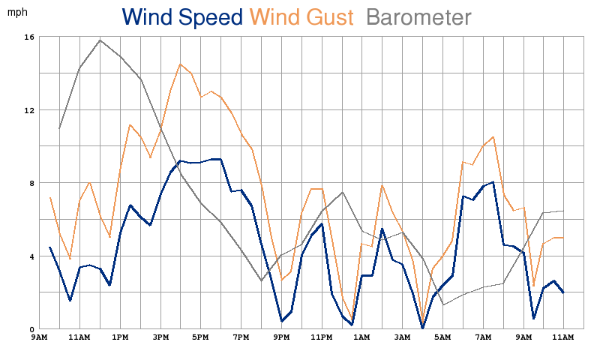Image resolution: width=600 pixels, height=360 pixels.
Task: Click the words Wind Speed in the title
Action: click(182, 17)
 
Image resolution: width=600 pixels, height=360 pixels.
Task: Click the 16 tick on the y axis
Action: click(29, 37)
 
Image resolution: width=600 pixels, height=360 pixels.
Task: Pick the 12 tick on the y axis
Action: click(29, 110)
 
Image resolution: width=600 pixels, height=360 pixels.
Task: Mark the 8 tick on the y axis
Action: click(31, 183)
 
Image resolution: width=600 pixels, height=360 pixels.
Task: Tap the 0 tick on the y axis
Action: click(31, 330)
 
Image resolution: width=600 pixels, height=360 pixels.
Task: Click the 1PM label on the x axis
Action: click(120, 338)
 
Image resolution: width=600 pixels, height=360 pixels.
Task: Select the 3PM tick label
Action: click(160, 338)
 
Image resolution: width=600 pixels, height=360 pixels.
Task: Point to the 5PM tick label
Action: click(200, 338)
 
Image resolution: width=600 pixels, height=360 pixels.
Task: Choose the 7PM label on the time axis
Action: click(241, 338)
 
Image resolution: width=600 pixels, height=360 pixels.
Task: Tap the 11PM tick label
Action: click(321, 338)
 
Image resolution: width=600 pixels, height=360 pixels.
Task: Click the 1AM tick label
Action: click(361, 338)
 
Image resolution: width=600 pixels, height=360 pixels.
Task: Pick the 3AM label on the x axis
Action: click(402, 338)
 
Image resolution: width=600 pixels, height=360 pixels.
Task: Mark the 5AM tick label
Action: click(442, 338)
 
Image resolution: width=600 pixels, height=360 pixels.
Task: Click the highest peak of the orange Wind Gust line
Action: click(181, 64)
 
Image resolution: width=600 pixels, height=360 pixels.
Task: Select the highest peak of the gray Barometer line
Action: click(100, 40)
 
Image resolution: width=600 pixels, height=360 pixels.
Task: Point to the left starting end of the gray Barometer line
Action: click(59, 128)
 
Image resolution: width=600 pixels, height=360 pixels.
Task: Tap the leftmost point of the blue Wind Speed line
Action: click(49, 247)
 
